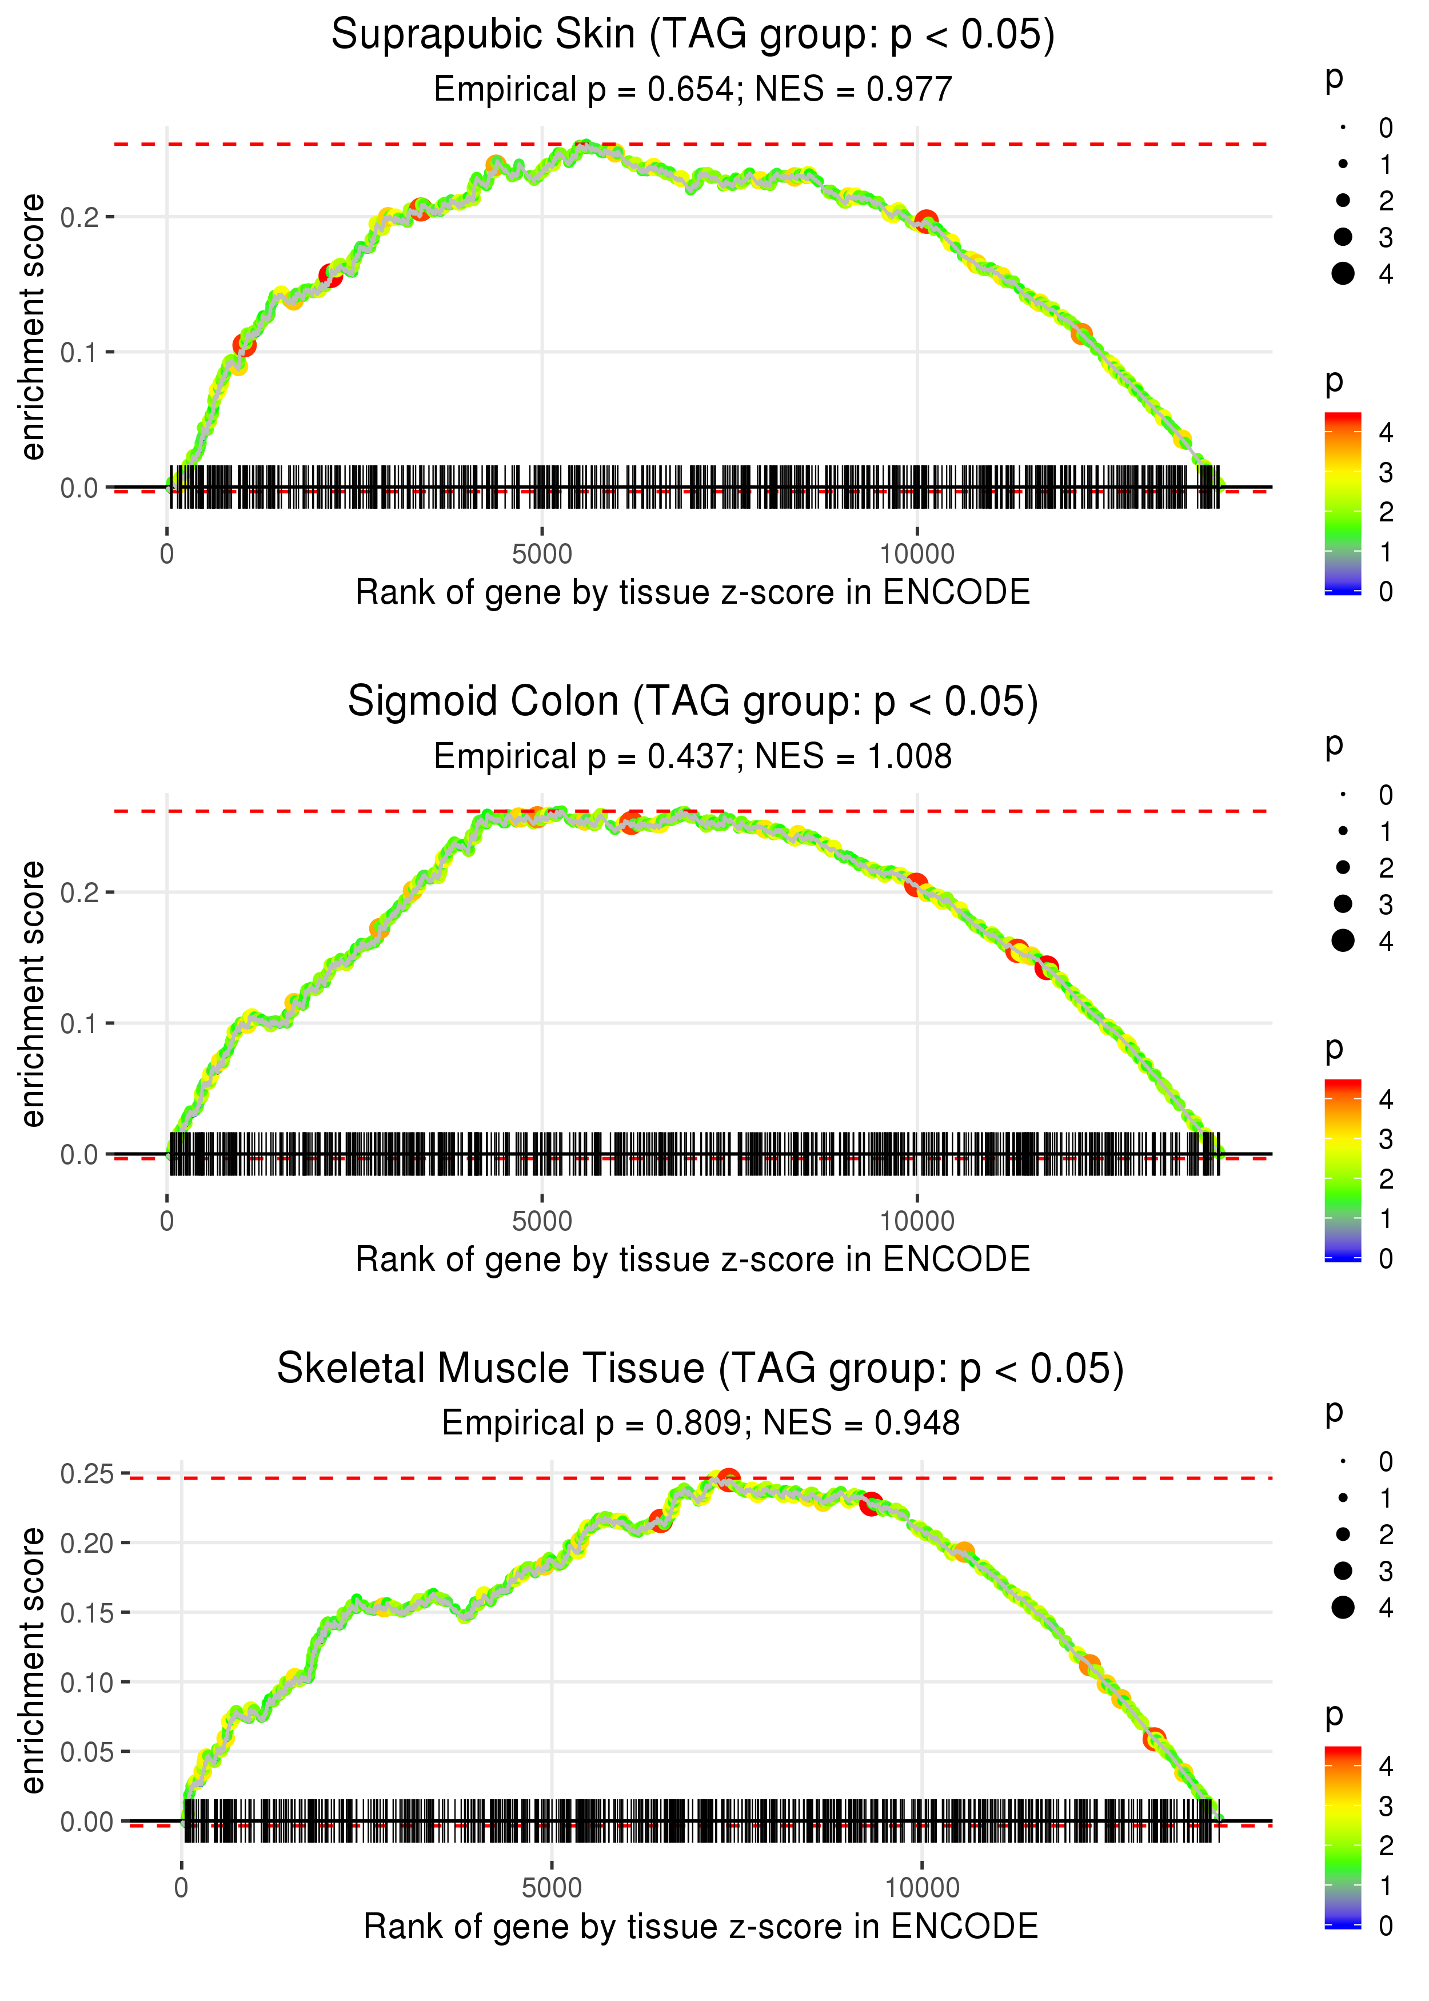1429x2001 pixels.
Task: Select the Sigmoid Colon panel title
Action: [x=693, y=702]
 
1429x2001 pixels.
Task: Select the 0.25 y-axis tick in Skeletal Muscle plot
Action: [x=88, y=1474]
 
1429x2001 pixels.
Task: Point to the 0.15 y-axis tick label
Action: [x=88, y=1613]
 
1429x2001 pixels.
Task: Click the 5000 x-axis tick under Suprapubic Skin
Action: [x=542, y=555]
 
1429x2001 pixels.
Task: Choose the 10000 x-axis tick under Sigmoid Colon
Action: [x=917, y=1221]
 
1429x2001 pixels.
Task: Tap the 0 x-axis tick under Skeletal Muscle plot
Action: [x=181, y=1888]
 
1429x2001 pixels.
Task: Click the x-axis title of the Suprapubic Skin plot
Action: [x=693, y=593]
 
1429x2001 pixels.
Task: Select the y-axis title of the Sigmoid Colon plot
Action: [x=33, y=994]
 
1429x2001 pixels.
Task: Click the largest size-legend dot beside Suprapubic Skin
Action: [x=1343, y=274]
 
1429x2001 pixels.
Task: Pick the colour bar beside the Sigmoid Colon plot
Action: [x=1343, y=1170]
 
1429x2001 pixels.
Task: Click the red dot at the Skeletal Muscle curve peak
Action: [x=728, y=1479]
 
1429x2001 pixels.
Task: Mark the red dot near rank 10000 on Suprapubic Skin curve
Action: [x=925, y=221]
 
